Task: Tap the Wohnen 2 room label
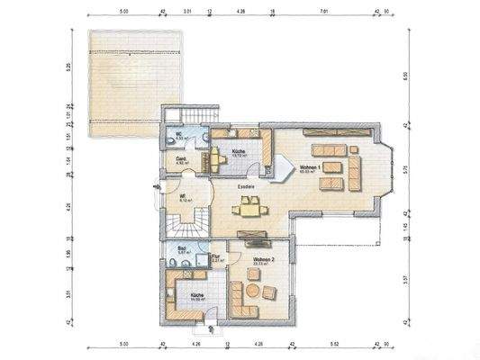(264, 259)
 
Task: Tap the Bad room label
(181, 249)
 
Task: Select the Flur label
(216, 257)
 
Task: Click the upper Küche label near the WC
(238, 151)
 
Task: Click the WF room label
(182, 196)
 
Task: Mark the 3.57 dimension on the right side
(407, 279)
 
